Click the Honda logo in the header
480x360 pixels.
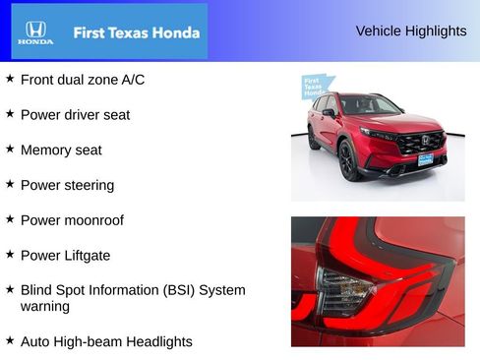[x=34, y=32]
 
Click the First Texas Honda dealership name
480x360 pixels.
[x=136, y=32]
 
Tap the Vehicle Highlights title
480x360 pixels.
[x=411, y=31]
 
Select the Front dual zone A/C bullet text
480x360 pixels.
[x=83, y=80]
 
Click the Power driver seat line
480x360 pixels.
[x=75, y=115]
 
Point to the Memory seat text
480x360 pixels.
[x=61, y=150]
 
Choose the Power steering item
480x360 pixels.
[x=67, y=185]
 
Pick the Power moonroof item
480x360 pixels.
[x=72, y=220]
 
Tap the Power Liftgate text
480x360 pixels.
[x=65, y=256]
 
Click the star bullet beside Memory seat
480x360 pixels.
[x=10, y=150]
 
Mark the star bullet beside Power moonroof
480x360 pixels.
[x=10, y=219]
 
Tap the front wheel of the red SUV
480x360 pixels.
[x=349, y=161]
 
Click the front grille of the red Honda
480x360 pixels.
[x=420, y=142]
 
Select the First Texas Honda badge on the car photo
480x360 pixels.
[x=314, y=87]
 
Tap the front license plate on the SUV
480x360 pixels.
[x=425, y=158]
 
